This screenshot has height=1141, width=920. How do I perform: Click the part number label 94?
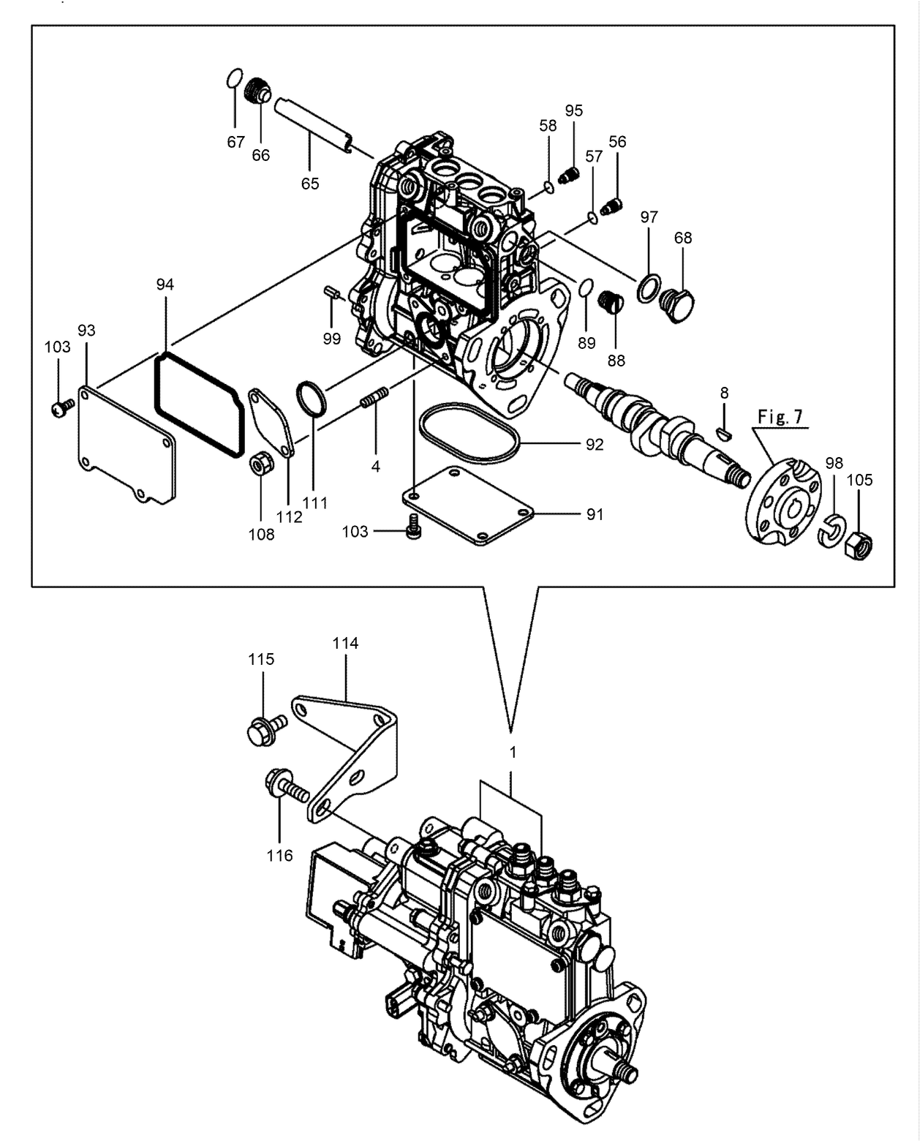165,285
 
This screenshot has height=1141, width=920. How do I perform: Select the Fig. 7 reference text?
780,417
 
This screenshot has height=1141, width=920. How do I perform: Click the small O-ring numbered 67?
234,78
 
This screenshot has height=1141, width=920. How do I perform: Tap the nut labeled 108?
261,464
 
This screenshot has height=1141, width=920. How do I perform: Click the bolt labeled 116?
287,788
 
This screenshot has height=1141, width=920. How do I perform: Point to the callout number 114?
345,644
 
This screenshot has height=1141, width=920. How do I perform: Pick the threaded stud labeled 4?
375,399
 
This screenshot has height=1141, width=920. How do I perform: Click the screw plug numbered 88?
610,301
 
